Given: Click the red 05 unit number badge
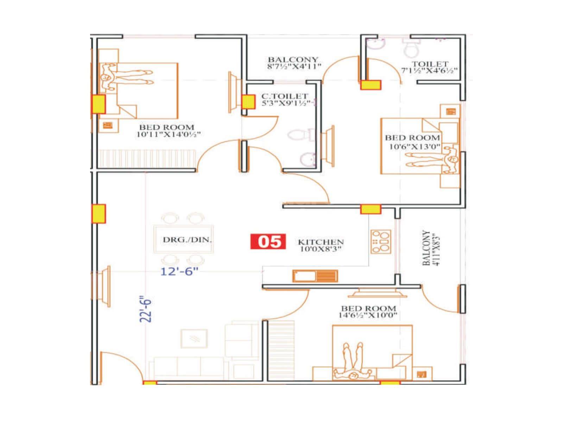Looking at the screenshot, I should coord(268,242).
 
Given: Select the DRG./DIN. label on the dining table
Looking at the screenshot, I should coord(187,240).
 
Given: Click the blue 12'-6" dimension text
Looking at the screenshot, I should coord(179,271).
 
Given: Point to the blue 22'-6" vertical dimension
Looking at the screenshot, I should coord(145,309).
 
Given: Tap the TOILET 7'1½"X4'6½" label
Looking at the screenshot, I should coord(430,67).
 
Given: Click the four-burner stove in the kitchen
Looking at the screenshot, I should coord(381,241).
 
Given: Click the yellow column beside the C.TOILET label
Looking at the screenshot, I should coord(248,102).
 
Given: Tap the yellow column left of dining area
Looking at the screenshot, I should coord(99,214).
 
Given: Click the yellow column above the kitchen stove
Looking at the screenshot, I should coord(371,210).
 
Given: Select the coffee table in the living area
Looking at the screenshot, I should coord(194,338).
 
